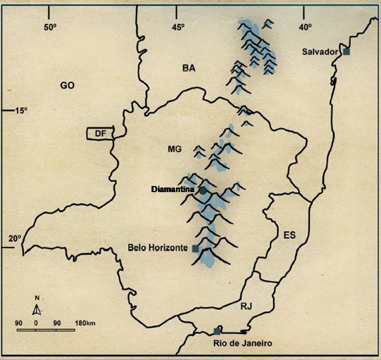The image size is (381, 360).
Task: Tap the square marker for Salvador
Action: click(346, 51)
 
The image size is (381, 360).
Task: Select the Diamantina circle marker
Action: click(203, 190)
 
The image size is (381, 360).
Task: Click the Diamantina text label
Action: click(174, 189)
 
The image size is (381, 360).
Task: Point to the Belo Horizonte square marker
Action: click(195, 248)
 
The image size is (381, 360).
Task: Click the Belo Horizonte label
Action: click(157, 247)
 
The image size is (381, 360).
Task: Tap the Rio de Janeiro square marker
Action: click(217, 331)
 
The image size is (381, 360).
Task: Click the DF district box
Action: click(100, 133)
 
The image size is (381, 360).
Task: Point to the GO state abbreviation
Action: click(67, 85)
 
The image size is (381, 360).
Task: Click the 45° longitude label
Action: click(178, 27)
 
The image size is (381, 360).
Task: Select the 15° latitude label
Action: click(21, 110)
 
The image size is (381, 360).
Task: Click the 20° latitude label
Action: click(15, 238)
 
